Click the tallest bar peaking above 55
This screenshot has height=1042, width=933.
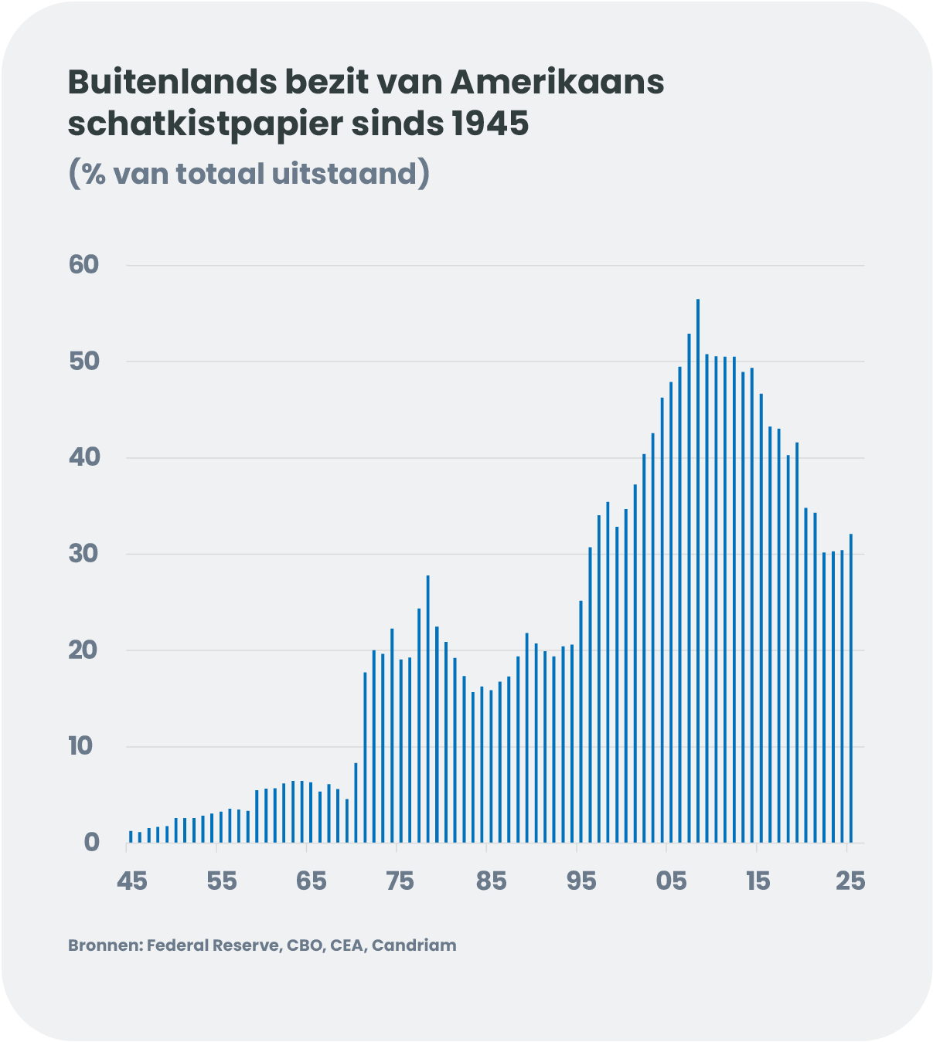698,572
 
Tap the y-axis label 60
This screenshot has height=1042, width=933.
84,265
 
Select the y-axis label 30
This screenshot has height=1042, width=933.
84,554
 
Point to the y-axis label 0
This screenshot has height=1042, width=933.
92,842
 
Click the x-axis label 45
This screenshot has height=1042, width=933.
131,881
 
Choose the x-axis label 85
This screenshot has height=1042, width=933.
491,881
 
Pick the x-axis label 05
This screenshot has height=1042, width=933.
671,881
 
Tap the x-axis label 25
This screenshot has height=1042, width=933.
850,881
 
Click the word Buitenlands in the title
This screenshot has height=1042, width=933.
173,82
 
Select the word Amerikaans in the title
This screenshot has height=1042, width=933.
557,82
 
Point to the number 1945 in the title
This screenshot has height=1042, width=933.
490,124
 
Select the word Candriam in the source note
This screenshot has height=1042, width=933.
414,945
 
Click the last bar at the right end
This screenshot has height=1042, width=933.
851,687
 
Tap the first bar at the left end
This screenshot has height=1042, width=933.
131,837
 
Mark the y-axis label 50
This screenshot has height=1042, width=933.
84,361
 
